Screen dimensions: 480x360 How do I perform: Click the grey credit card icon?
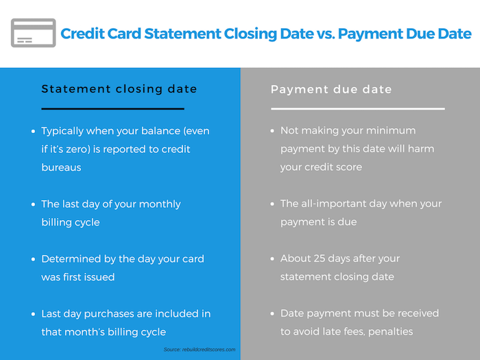pyautogui.click(x=34, y=33)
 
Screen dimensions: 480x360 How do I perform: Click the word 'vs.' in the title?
pyautogui.click(x=325, y=34)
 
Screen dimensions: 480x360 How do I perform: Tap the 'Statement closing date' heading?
pyautogui.click(x=119, y=88)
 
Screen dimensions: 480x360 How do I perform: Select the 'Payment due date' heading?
pyautogui.click(x=331, y=89)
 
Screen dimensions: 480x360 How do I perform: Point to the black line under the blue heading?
pyautogui.click(x=112, y=108)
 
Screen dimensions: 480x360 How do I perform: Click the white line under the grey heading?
pyautogui.click(x=358, y=108)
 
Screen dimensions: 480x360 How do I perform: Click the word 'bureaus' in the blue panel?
pyautogui.click(x=61, y=167)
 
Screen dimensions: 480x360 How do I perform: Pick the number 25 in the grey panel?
pyautogui.click(x=319, y=259)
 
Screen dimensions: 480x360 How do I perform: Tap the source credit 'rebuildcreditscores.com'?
pyautogui.click(x=208, y=349)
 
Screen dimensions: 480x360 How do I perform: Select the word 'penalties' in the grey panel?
pyautogui.click(x=391, y=332)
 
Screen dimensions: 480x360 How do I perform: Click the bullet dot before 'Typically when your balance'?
pyautogui.click(x=33, y=132)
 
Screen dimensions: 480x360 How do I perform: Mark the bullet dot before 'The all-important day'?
pyautogui.click(x=272, y=204)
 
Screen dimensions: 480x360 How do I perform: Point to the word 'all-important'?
pyautogui.click(x=333, y=204)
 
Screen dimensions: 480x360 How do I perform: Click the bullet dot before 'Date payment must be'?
pyautogui.click(x=272, y=314)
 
